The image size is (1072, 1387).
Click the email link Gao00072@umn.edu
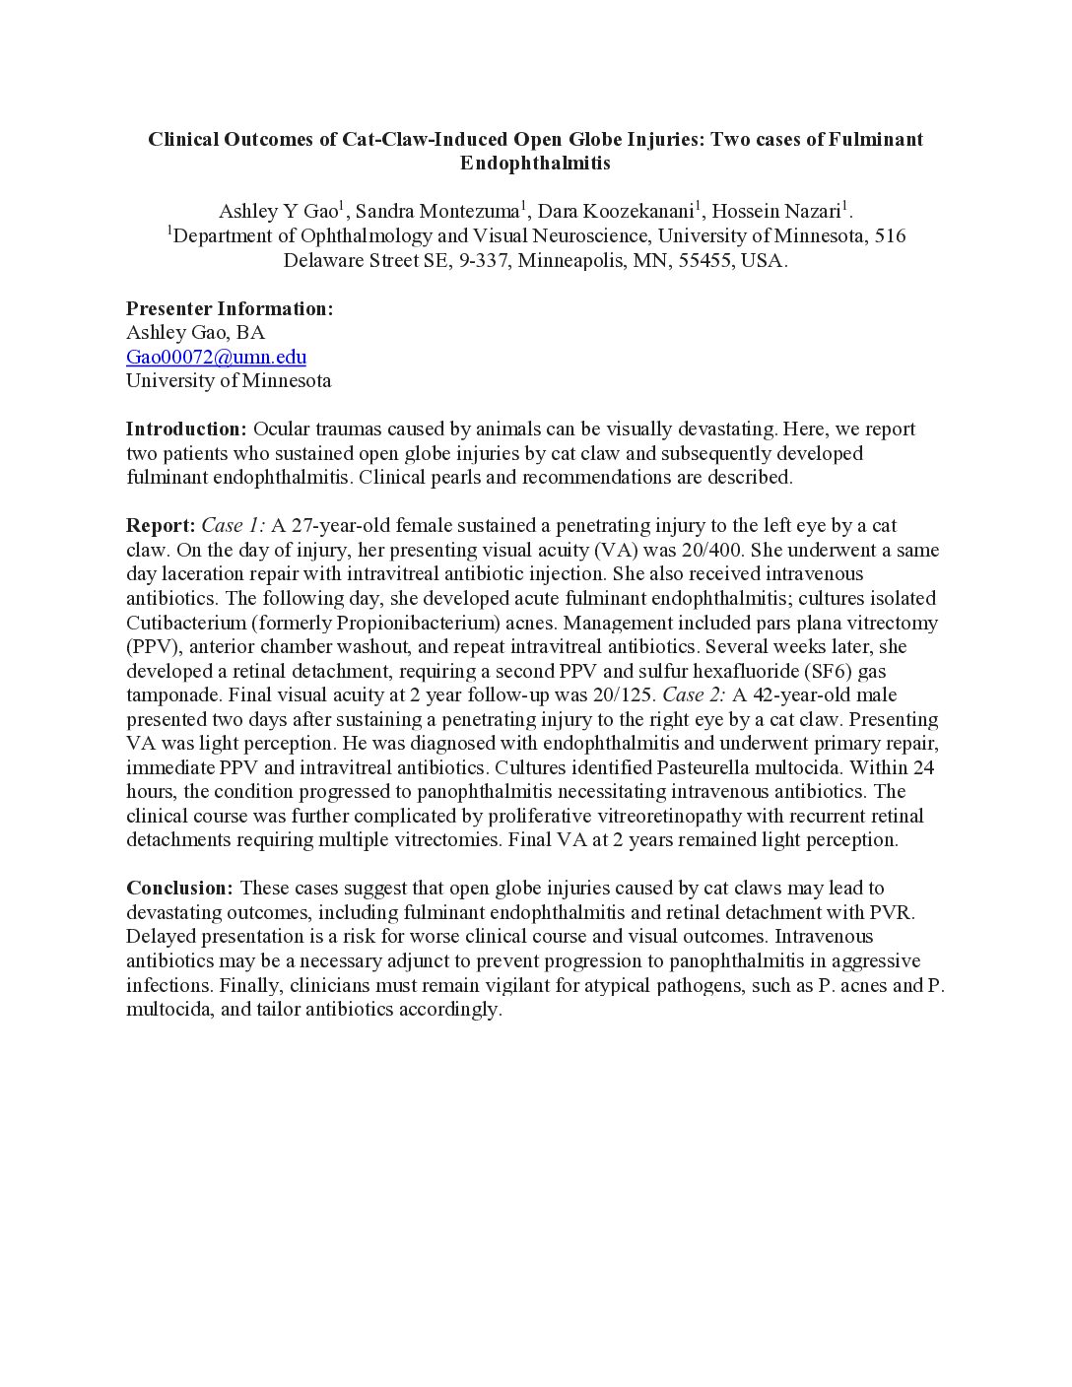point(216,357)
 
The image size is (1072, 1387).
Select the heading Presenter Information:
point(230,308)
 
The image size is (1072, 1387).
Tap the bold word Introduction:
point(186,429)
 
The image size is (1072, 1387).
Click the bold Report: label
point(161,525)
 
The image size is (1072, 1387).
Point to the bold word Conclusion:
point(179,888)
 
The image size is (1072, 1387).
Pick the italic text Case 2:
point(695,694)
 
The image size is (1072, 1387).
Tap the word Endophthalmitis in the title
point(535,164)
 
